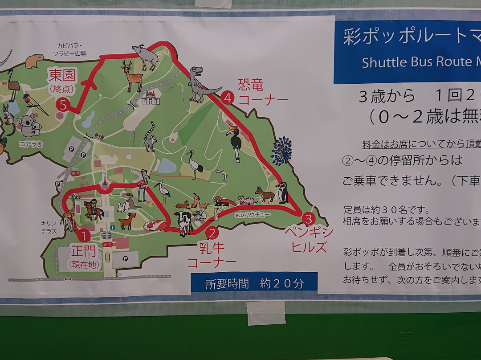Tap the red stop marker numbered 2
tap(212, 232)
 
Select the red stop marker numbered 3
tap(308, 219)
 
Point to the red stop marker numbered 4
tap(228, 98)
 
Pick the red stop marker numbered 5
tap(63, 105)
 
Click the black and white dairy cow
tap(183, 222)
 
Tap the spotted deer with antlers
tap(132, 76)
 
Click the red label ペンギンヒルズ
tap(310, 240)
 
